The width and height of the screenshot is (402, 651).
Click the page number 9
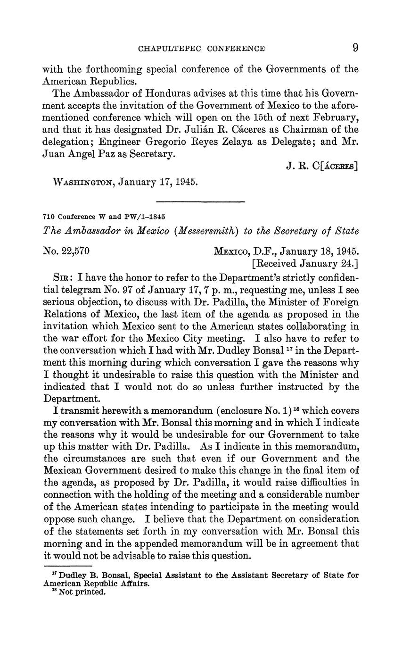pyautogui.click(x=355, y=48)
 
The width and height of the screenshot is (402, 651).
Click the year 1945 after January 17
pyautogui.click(x=184, y=182)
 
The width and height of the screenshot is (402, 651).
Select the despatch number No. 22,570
pyautogui.click(x=66, y=251)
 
